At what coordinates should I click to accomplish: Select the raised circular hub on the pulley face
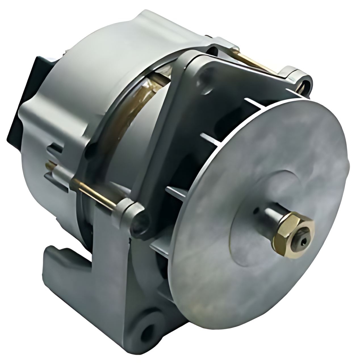click(x=261, y=216)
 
